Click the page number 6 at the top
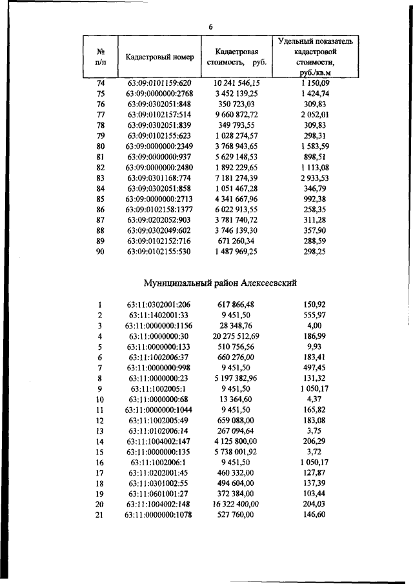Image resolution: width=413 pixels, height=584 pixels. (210, 26)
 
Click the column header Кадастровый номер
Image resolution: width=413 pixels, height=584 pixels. (160, 57)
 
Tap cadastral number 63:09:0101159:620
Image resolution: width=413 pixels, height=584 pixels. (160, 83)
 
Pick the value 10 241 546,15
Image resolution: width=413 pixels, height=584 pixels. (236, 83)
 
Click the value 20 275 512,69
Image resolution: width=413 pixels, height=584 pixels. (236, 336)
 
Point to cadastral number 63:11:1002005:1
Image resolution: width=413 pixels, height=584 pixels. (160, 389)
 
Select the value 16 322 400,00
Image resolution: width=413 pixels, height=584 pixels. (236, 504)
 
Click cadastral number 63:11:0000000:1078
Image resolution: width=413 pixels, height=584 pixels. (160, 515)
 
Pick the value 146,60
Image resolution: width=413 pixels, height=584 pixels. (314, 515)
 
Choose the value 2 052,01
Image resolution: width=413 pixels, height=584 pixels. (314, 114)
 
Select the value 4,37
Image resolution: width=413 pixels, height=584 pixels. (314, 399)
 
